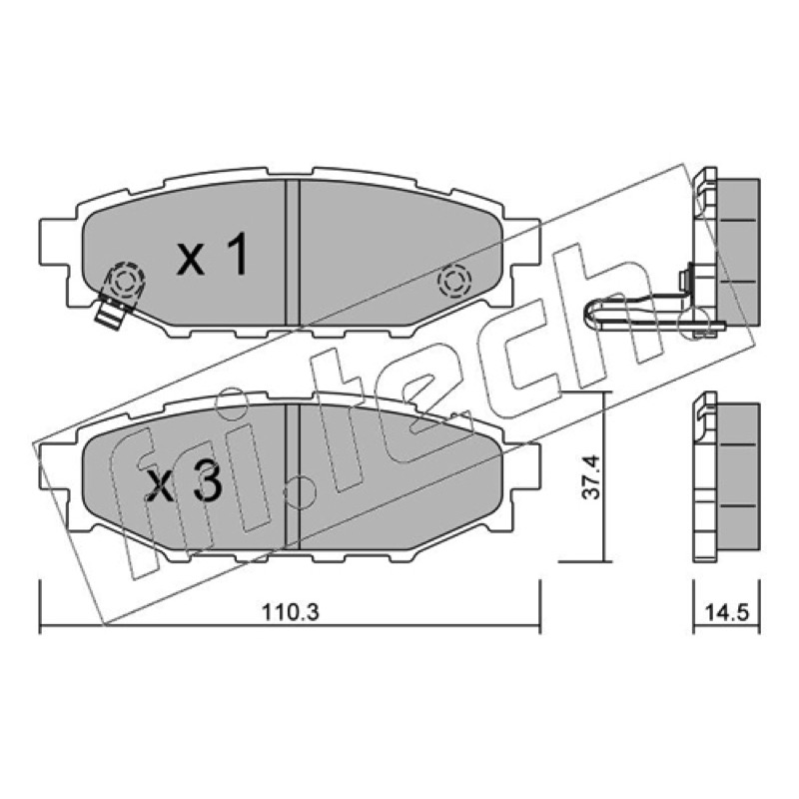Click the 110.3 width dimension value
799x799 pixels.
pos(291,612)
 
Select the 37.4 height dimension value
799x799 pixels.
pos(591,477)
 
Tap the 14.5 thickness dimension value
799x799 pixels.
pos(727,612)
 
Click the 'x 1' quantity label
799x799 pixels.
pos(213,255)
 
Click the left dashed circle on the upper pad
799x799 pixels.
pos(124,281)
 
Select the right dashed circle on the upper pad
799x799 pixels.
pos(454,281)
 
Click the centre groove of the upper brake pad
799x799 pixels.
pos(292,253)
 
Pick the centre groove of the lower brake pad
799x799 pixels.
pos(293,476)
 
